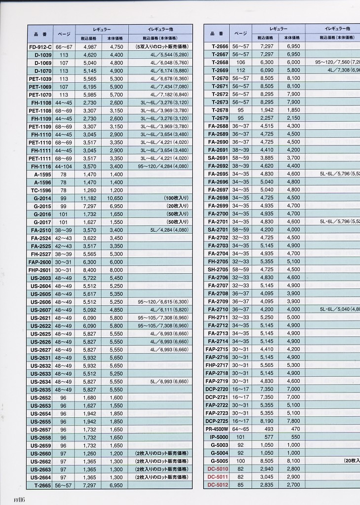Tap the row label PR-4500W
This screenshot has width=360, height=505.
coord(217,429)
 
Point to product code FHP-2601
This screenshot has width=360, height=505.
coord(40,270)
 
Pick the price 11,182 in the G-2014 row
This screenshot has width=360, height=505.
coord(90,198)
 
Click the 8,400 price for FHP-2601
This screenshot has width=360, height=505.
coord(90,270)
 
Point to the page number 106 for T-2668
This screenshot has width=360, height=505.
coord(240,63)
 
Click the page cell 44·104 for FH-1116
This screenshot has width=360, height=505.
coord(64,166)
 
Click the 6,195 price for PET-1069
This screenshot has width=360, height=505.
coord(90,87)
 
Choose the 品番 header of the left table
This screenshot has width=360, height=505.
coord(40,34)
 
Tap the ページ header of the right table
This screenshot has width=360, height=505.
coord(240,34)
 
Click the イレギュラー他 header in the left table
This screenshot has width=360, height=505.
coord(160,30)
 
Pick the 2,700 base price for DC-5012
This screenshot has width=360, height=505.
coord(293,484)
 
